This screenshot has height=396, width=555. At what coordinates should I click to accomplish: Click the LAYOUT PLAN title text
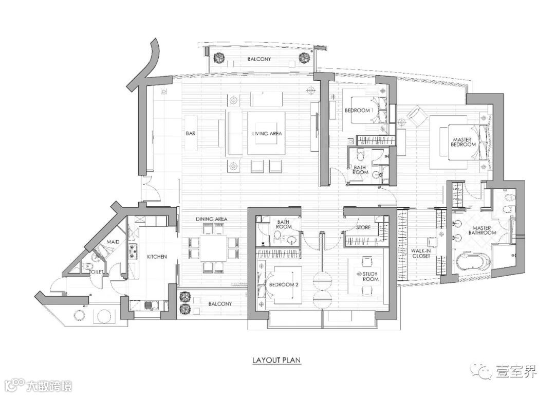276,360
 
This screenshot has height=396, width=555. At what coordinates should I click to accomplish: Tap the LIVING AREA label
267,134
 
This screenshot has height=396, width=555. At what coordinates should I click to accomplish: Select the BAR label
191,134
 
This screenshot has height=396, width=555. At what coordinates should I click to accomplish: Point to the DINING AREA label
212,219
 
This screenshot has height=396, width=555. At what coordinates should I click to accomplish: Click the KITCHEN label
157,257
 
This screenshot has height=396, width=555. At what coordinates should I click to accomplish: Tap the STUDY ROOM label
370,277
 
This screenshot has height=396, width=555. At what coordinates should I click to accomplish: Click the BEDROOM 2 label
282,285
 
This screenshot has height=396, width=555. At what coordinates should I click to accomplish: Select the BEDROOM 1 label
359,110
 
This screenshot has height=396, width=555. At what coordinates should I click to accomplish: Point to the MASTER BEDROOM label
462,142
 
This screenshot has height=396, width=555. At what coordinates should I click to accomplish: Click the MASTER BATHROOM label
482,230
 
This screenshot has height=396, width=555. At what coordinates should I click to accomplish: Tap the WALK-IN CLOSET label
421,254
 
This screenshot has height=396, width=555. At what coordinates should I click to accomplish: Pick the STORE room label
363,227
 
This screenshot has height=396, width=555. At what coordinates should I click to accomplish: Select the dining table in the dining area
213,248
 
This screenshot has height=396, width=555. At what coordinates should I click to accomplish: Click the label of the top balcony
259,59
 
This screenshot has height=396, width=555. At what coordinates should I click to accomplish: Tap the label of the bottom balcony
220,304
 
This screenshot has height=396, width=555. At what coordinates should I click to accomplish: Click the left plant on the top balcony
219,58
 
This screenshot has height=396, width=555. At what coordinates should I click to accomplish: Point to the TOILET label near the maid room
97,272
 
